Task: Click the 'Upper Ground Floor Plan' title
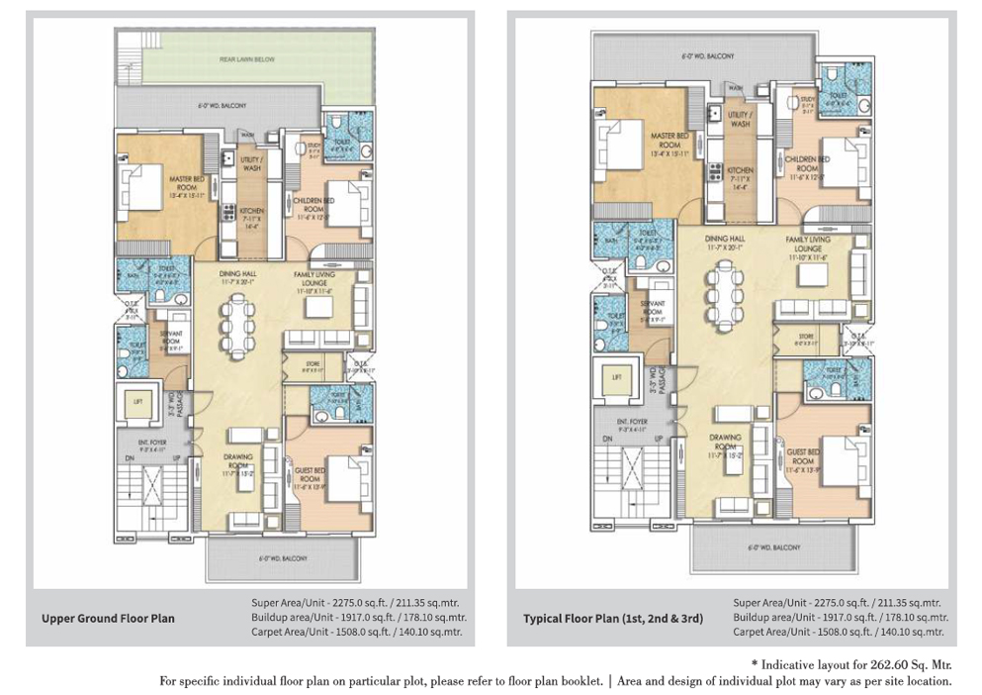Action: pos(108,619)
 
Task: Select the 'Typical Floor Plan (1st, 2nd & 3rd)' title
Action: pos(613,619)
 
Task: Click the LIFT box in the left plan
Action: pos(139,401)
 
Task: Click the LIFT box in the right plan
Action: pos(618,376)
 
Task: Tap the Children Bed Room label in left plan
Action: pos(312,204)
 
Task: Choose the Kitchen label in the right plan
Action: pos(740,175)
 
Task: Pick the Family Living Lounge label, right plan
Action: pos(808,246)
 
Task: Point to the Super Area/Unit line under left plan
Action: pos(355,602)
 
